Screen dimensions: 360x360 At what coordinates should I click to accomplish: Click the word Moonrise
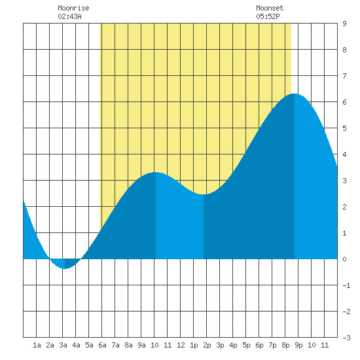click(x=73, y=8)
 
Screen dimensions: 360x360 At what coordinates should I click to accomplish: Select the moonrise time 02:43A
click(x=69, y=16)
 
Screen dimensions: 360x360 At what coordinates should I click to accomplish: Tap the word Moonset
click(x=270, y=8)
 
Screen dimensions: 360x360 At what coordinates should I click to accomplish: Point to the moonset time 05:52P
click(x=268, y=16)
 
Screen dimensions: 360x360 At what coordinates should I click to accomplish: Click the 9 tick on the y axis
click(x=344, y=24)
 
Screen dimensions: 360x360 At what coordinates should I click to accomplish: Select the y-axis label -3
click(x=346, y=338)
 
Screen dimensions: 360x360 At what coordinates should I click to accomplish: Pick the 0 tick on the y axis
click(x=344, y=259)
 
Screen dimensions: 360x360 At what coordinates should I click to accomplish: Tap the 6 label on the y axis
click(x=344, y=102)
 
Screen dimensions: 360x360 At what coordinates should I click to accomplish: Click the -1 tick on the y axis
click(x=346, y=285)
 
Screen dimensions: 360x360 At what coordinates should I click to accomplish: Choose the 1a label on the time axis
click(x=37, y=345)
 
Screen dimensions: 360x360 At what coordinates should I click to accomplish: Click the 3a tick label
click(x=63, y=345)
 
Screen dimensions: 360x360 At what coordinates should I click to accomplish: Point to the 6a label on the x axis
click(x=102, y=345)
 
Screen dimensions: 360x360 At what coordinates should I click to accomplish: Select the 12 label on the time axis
click(x=181, y=345)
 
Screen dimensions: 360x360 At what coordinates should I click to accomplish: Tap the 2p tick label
click(x=207, y=345)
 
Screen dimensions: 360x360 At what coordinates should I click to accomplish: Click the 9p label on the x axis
click(x=298, y=345)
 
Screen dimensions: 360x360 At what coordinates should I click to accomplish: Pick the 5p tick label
click(x=246, y=345)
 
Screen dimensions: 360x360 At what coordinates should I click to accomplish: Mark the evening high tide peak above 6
click(x=295, y=94)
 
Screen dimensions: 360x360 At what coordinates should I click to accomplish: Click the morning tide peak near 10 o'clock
click(x=156, y=172)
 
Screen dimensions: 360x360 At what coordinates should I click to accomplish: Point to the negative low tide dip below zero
click(x=65, y=268)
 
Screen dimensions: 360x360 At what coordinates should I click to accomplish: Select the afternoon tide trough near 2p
click(x=204, y=194)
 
